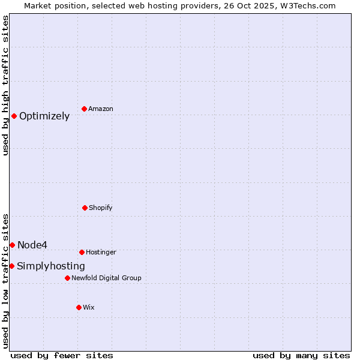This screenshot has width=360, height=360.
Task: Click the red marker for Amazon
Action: [x=85, y=109]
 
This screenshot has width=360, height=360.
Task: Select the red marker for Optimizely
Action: [x=14, y=116]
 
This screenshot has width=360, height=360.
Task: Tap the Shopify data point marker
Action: [x=85, y=208]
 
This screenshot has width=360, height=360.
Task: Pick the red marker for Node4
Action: [x=12, y=245]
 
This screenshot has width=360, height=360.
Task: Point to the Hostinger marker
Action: [x=82, y=252]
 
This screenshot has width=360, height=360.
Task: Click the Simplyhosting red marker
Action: [x=11, y=266]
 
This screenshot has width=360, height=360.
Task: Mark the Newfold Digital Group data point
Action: [x=67, y=278]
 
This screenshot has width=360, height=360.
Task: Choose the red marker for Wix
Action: [x=79, y=307]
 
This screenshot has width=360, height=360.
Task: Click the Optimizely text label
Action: [x=44, y=116]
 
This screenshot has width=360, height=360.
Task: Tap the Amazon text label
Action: [x=101, y=109]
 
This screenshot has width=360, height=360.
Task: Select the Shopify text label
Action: [x=101, y=208]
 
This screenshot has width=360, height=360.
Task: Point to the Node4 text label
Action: [x=32, y=245]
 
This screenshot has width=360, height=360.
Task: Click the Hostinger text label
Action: [x=101, y=253]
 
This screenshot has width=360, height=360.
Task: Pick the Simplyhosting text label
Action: [x=51, y=266]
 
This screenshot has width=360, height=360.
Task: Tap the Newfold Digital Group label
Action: [x=106, y=278]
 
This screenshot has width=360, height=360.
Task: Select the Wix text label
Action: [x=89, y=308]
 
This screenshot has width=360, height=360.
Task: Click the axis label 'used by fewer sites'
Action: [x=62, y=355]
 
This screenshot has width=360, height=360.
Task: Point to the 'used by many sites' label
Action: [x=301, y=355]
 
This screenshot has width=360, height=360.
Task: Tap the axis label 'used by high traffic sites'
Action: [x=6, y=85]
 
